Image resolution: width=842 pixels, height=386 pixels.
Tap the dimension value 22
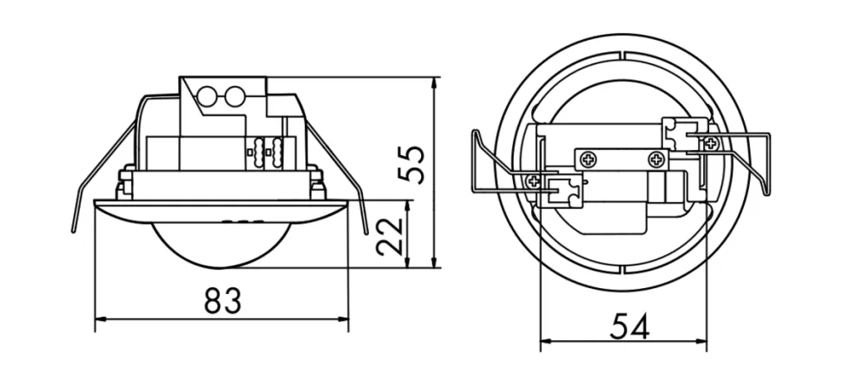click(390, 236)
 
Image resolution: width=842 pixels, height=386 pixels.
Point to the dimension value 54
click(630, 325)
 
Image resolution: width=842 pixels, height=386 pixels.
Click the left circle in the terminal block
click(207, 96)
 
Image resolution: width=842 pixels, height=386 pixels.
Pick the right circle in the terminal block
click(234, 96)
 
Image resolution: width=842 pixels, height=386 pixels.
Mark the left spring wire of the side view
click(102, 167)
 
